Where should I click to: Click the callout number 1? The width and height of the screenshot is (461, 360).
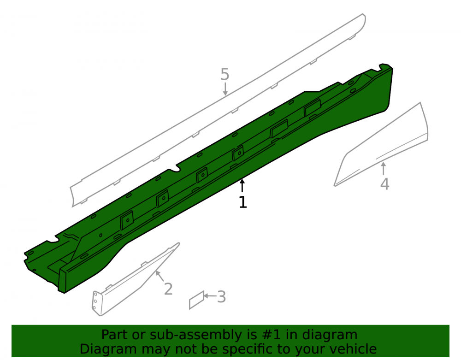[x=243, y=202]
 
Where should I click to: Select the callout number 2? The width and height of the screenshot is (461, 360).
[x=168, y=289]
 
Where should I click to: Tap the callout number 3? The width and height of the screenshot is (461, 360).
[x=221, y=297]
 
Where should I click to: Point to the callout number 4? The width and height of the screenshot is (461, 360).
[x=385, y=184]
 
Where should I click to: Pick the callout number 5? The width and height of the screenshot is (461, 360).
[x=225, y=74]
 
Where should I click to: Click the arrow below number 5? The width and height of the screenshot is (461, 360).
[x=225, y=89]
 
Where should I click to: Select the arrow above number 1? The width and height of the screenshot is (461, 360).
[x=242, y=185]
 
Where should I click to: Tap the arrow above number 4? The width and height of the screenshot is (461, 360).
[x=384, y=168]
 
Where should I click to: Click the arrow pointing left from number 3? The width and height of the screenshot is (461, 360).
[x=210, y=295]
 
